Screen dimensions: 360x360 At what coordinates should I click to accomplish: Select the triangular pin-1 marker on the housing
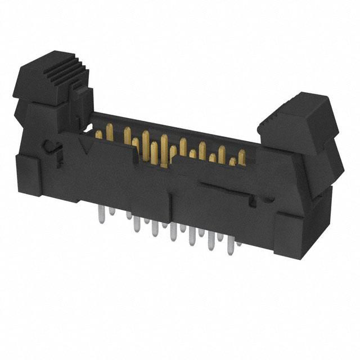pyautogui.click(x=87, y=148)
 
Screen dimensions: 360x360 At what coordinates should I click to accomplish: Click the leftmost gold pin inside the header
pyautogui.click(x=99, y=134)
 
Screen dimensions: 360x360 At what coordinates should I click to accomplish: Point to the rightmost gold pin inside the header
pyautogui.click(x=241, y=157)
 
